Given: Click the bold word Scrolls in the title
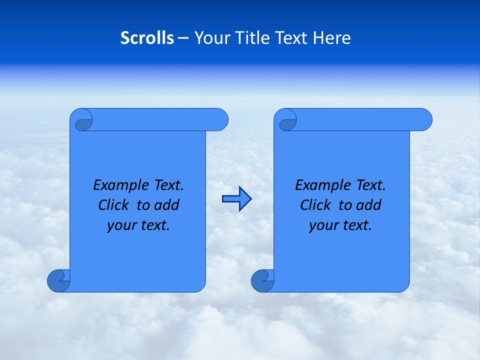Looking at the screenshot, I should [x=147, y=38].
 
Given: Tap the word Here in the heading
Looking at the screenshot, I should [x=332, y=38].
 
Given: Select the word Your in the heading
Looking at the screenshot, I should [x=210, y=38].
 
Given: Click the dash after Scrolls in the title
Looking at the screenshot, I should [x=183, y=38].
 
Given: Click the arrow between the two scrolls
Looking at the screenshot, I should [x=236, y=199].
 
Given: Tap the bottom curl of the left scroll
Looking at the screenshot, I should [x=58, y=280].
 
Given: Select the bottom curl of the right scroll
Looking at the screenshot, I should [x=262, y=280].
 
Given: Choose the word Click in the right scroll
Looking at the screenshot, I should [x=315, y=205].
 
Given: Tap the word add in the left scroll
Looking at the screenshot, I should [x=167, y=205].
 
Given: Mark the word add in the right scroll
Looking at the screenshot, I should [x=369, y=205].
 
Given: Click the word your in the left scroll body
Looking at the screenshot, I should [x=120, y=226].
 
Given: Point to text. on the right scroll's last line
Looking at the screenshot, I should [x=356, y=225].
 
